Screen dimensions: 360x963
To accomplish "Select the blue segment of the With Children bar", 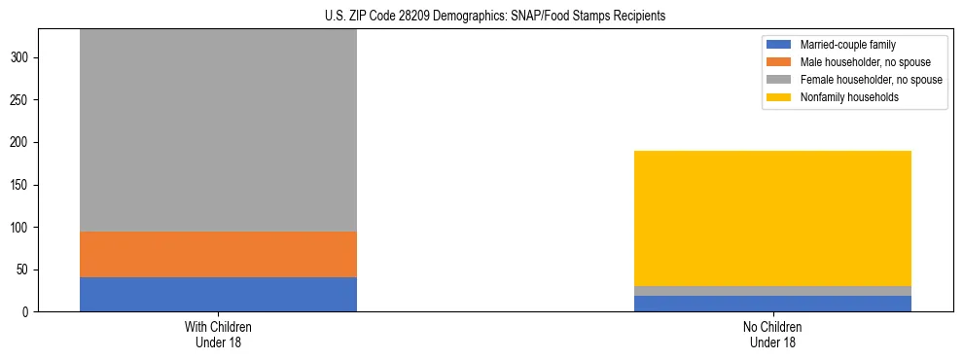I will pyautogui.click(x=218, y=294).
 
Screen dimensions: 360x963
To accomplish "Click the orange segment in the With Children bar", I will pyautogui.click(x=218, y=254).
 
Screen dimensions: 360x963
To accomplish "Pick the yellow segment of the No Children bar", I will pyautogui.click(x=772, y=219).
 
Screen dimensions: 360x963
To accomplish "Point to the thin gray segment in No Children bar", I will pyautogui.click(x=772, y=291).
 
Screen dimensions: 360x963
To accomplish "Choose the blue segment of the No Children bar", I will pyautogui.click(x=772, y=304).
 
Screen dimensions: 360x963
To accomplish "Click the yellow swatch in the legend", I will pyautogui.click(x=779, y=97).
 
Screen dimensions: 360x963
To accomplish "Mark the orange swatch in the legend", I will pyautogui.click(x=779, y=62).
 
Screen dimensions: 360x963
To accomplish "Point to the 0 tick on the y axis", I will pyautogui.click(x=27, y=312).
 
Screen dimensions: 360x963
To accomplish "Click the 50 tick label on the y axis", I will pyautogui.click(x=24, y=270).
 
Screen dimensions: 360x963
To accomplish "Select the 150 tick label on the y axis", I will pyautogui.click(x=21, y=185).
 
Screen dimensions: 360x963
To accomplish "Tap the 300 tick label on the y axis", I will pyautogui.click(x=21, y=57).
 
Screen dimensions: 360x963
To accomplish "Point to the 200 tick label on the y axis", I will pyautogui.click(x=21, y=142).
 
